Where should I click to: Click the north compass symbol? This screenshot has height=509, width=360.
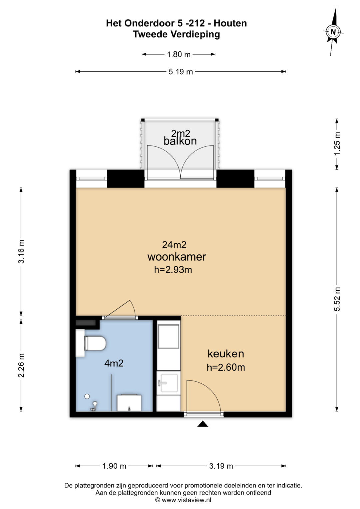333,32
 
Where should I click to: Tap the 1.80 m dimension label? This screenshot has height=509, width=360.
179,55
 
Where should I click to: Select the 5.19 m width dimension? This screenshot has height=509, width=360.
181,72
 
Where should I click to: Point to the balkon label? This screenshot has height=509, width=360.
180,141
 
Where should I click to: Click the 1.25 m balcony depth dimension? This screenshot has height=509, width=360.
337,144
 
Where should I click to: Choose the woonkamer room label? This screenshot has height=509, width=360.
177,257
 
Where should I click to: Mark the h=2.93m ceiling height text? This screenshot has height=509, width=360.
173,270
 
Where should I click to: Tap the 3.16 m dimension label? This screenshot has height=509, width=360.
21,252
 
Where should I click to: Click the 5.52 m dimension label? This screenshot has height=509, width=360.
337,299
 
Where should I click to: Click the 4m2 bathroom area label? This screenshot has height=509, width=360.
114,363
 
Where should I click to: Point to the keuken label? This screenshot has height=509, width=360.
226,354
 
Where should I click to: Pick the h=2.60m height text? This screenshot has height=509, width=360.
226,367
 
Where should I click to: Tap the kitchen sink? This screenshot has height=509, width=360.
168,383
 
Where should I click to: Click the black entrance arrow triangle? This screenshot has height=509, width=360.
203,424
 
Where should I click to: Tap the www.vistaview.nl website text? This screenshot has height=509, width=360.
186,500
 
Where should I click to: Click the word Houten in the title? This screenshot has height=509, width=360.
230,23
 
